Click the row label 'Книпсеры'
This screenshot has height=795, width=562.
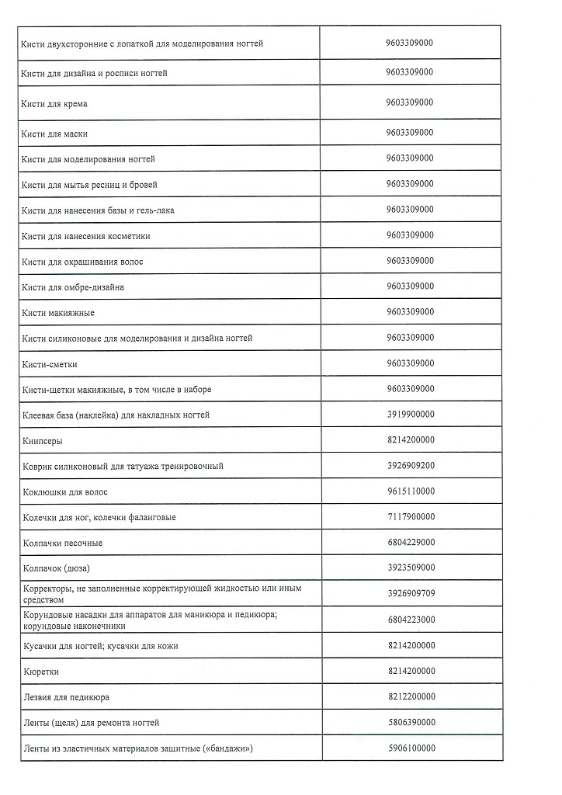click(x=43, y=441)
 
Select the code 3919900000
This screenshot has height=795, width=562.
click(x=410, y=415)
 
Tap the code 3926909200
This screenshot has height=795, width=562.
click(x=410, y=466)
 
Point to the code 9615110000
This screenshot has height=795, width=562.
click(x=410, y=491)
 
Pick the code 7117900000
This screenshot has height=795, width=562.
click(x=410, y=517)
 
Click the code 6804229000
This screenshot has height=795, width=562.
click(x=410, y=542)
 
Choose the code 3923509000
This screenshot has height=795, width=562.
click(x=410, y=567)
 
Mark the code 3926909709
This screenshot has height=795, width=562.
click(x=410, y=594)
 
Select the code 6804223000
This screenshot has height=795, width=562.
click(x=410, y=620)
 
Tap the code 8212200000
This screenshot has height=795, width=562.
click(x=410, y=696)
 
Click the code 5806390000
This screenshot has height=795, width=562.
click(x=410, y=722)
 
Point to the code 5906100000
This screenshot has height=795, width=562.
click(x=410, y=748)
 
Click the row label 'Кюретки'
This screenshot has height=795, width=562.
click(x=41, y=672)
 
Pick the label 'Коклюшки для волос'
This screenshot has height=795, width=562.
click(x=65, y=492)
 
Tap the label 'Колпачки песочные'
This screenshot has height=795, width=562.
click(x=62, y=543)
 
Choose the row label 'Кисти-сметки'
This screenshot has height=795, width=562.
click(x=50, y=364)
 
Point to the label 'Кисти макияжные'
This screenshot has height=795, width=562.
click(x=58, y=313)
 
